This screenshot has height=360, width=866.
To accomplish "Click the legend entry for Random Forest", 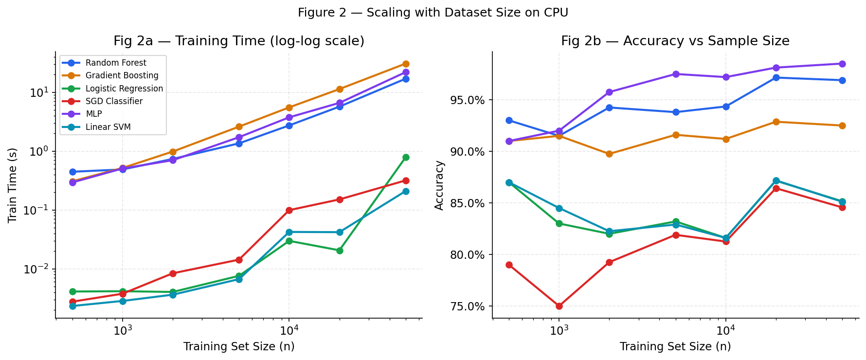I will click(x=116, y=63).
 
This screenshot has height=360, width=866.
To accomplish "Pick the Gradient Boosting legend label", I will click(x=122, y=75).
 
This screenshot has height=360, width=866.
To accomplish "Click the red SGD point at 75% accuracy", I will click(x=559, y=306).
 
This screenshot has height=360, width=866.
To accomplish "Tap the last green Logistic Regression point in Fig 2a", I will click(x=406, y=157).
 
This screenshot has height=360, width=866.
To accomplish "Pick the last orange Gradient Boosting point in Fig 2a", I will click(x=406, y=64).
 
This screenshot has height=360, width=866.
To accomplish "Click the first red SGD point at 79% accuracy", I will click(x=509, y=265).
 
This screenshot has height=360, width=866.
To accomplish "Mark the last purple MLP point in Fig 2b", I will click(x=842, y=64).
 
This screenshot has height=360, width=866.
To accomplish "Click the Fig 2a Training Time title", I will click(x=239, y=41).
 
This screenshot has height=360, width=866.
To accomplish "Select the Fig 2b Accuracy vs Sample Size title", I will click(x=675, y=41).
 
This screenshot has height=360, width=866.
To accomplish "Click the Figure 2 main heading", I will click(x=433, y=13).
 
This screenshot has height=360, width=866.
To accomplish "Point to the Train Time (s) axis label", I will click(x=13, y=185).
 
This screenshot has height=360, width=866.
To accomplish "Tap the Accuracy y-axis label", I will click(x=439, y=185).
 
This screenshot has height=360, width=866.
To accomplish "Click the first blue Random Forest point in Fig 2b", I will click(x=509, y=120).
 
